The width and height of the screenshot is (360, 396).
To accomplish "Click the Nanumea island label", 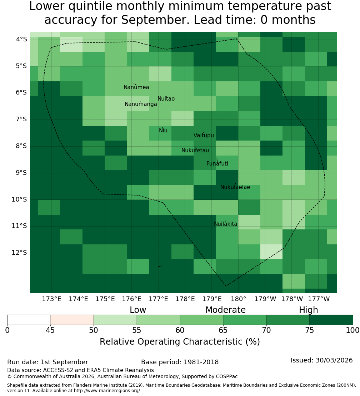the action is (x=136, y=87).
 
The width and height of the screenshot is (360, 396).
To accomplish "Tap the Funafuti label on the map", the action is (x=217, y=164).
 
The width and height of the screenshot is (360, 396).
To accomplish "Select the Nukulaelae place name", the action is (x=235, y=187).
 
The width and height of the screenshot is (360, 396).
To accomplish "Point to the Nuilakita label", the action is (x=225, y=224).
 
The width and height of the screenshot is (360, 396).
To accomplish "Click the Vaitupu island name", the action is (x=204, y=135).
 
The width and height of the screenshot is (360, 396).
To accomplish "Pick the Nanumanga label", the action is (x=141, y=104).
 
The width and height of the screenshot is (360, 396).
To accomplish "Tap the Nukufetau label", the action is (x=195, y=151).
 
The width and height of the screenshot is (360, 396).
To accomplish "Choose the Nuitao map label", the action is (x=166, y=99).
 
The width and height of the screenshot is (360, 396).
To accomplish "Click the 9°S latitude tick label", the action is (x=21, y=173).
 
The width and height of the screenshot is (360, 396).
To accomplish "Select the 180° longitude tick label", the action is (x=239, y=299).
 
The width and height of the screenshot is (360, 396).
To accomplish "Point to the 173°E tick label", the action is (x=51, y=299).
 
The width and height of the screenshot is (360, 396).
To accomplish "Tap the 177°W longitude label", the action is (x=319, y=299).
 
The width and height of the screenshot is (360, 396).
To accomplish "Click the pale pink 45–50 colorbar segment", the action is (x=72, y=320).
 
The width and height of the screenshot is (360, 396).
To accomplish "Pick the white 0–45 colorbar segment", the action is (x=29, y=320).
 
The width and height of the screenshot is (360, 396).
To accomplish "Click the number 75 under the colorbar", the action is (x=310, y=330).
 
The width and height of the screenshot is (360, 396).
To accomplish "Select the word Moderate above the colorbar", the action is (x=225, y=310).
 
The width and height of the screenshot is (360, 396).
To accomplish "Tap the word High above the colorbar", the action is (x=309, y=310).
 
